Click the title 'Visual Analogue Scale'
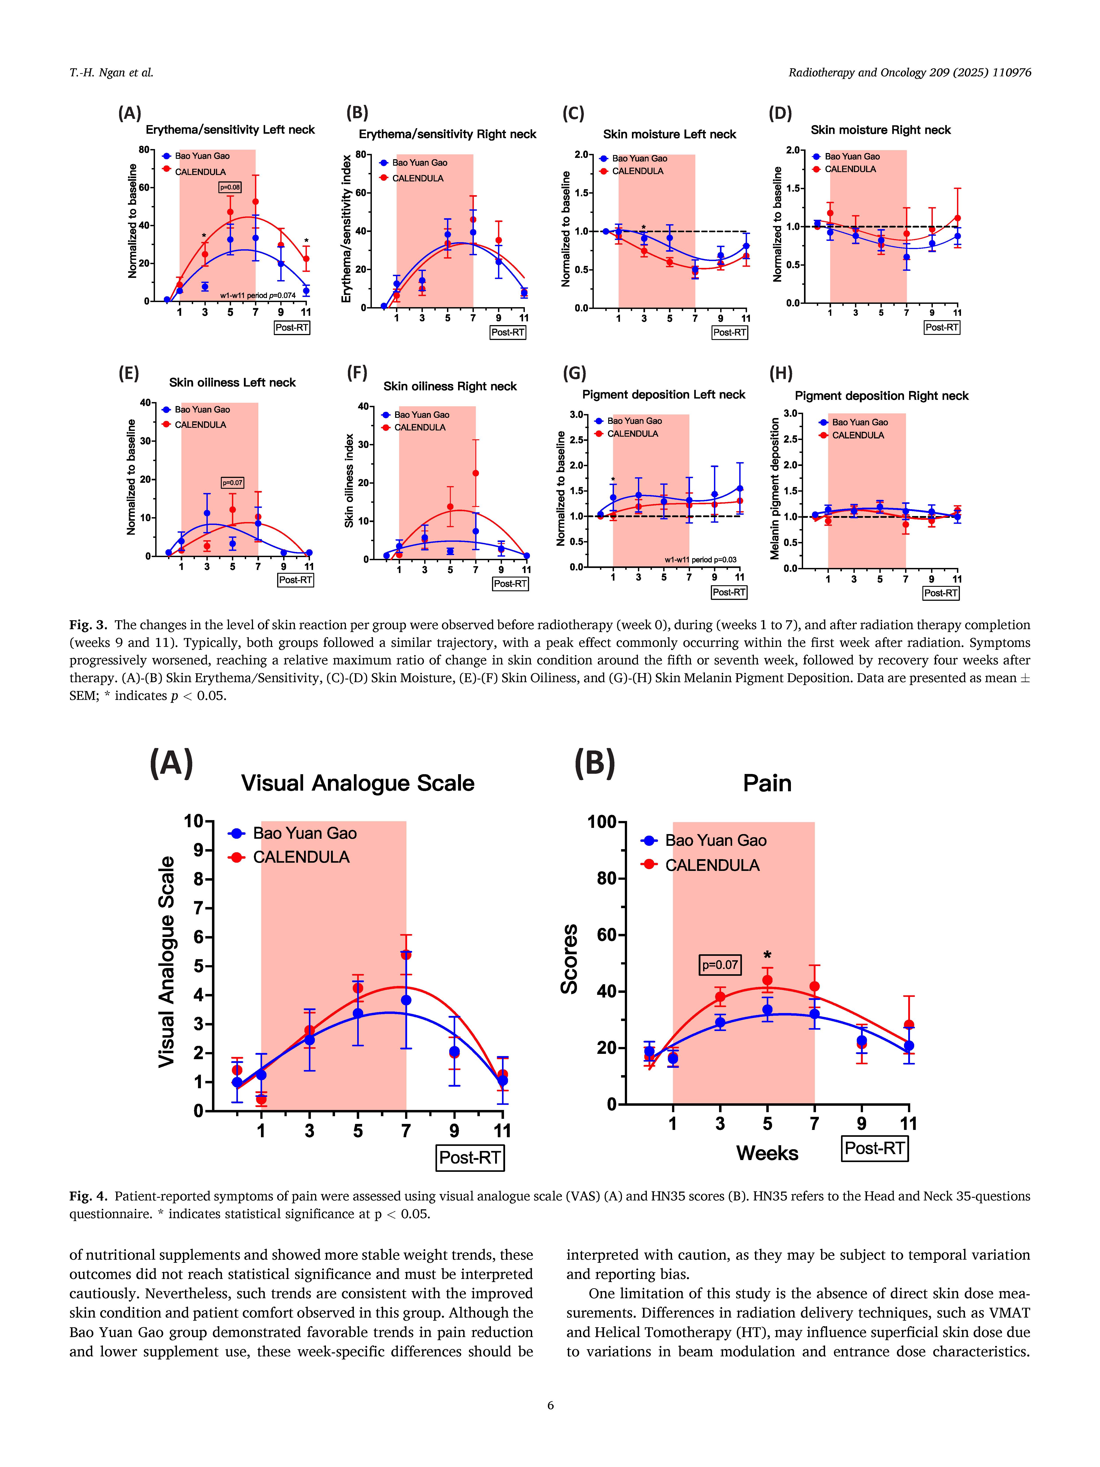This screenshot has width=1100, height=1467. [x=357, y=783]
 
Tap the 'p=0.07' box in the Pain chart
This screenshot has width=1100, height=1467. [x=720, y=964]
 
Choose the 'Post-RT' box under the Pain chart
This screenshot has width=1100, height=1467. [x=875, y=1148]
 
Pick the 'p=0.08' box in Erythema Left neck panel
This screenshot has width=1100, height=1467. [x=230, y=188]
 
